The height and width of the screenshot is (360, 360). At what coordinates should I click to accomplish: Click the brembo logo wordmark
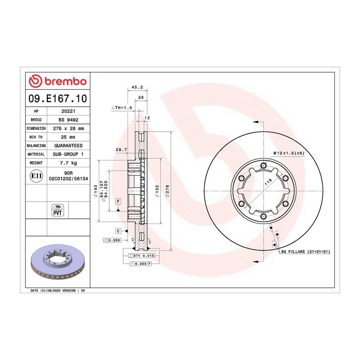(x=66, y=82)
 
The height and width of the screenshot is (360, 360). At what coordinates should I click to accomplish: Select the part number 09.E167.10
(x=58, y=98)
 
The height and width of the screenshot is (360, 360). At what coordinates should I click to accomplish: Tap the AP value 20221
(x=68, y=111)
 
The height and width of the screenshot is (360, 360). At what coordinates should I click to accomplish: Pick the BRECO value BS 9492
(x=68, y=120)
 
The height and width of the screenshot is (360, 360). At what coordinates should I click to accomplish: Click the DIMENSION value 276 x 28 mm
(x=68, y=128)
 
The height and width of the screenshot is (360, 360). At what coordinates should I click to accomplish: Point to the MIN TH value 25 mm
(x=68, y=137)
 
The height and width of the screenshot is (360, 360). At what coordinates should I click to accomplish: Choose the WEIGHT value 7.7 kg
(x=68, y=163)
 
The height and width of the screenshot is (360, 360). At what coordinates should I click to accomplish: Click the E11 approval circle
(x=36, y=176)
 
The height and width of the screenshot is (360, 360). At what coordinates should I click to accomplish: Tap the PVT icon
(x=57, y=210)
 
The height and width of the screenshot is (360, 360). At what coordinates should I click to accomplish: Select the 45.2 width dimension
(x=137, y=87)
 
